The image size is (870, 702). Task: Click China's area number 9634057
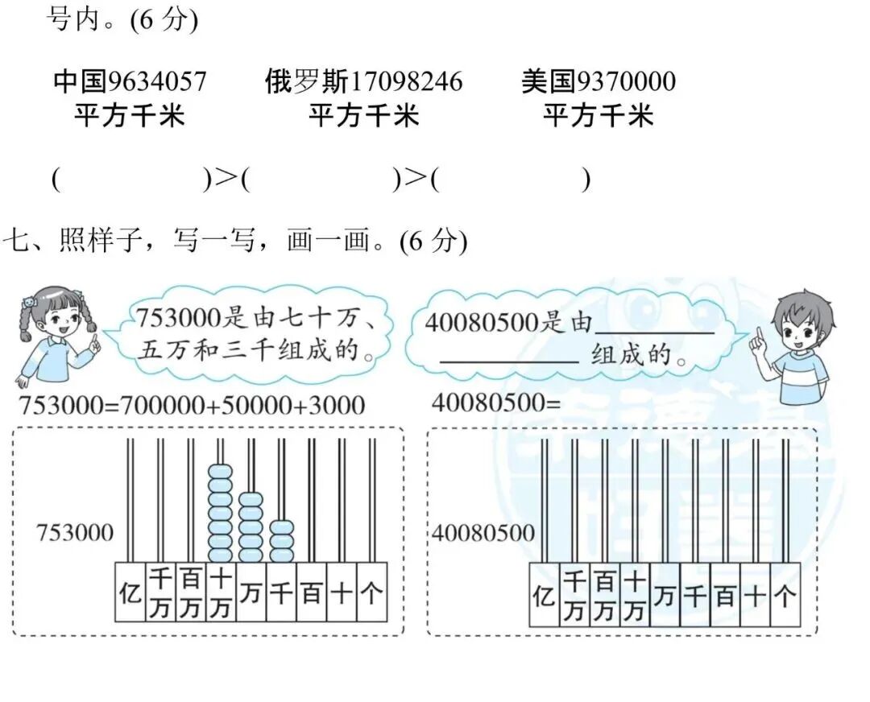tap(157, 81)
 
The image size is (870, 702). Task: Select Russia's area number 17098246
tap(408, 81)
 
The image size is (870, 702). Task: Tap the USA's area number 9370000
tap(626, 81)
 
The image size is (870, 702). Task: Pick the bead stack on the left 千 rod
tap(281, 541)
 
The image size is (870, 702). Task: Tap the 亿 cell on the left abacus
tap(129, 594)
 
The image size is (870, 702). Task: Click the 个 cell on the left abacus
tap(371, 594)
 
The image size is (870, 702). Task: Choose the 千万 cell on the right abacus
tap(574, 596)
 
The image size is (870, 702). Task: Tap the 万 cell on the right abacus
tap(665, 596)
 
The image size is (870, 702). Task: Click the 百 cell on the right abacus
tap(725, 596)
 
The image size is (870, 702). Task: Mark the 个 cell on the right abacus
tap(785, 596)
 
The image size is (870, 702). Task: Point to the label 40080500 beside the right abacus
tap(483, 533)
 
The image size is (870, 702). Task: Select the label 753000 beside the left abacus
tap(75, 532)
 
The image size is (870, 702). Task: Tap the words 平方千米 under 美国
tap(597, 117)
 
